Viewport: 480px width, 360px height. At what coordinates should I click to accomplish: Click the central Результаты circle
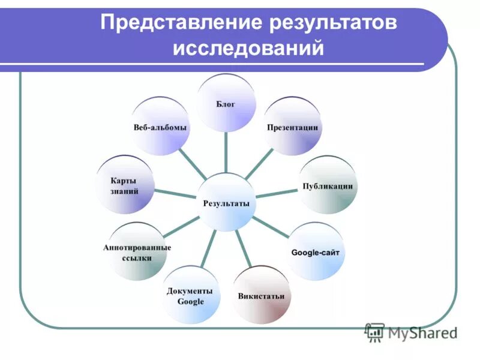coord(226,203)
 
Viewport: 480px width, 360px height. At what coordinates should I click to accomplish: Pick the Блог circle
coord(226,103)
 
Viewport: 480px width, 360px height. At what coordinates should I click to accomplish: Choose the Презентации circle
coord(293,127)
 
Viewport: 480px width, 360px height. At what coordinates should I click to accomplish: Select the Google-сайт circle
coord(316,252)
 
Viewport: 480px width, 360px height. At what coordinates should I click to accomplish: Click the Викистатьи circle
coord(261,295)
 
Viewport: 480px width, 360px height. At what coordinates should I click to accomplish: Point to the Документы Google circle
coord(190,296)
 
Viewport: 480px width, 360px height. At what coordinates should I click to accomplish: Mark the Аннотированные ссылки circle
coord(136,252)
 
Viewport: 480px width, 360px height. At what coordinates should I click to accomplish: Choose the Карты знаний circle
coord(125,185)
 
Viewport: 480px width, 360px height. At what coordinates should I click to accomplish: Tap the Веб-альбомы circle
coord(160,127)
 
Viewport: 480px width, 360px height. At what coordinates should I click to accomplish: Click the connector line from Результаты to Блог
coord(226,153)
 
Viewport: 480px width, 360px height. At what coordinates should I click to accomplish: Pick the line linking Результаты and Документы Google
coord(208,249)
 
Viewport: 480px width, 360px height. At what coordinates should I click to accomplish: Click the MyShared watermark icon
coord(374,331)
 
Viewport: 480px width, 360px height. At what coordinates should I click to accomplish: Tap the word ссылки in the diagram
coord(136,258)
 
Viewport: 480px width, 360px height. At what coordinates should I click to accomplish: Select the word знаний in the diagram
coord(125,192)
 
